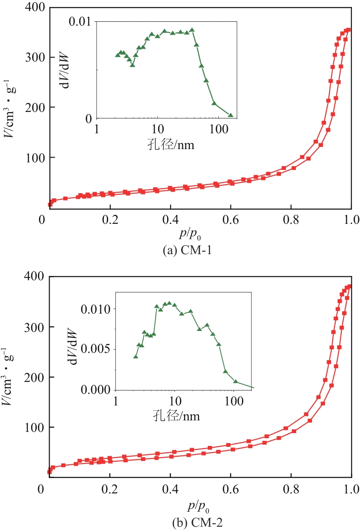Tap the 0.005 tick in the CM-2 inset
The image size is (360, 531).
[x=98, y=349]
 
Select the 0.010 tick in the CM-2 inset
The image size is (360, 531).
[x=98, y=308]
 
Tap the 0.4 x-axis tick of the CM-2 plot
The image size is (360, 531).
[x=171, y=489]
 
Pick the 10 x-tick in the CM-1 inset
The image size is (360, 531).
[x=158, y=130]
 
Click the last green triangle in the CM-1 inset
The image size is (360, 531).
[x=231, y=115]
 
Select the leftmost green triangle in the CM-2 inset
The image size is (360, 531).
[x=136, y=357]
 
